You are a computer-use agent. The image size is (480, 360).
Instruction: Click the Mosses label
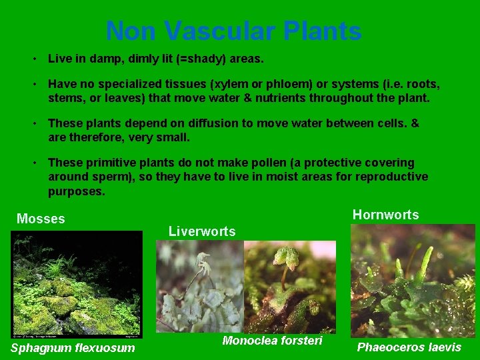pos(41,219)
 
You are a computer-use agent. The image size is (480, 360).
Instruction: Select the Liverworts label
pos(202,231)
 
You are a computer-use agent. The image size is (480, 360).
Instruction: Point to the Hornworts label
pos(385,215)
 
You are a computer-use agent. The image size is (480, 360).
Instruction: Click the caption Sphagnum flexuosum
pos(73,347)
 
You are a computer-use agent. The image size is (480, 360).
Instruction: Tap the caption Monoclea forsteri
pos(272,341)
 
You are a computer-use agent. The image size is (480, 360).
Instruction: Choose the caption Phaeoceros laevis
pos(409,347)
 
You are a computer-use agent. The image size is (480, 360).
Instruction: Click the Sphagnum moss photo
pos(77,284)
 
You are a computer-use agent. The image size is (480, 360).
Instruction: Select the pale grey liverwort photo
pos(199,287)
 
